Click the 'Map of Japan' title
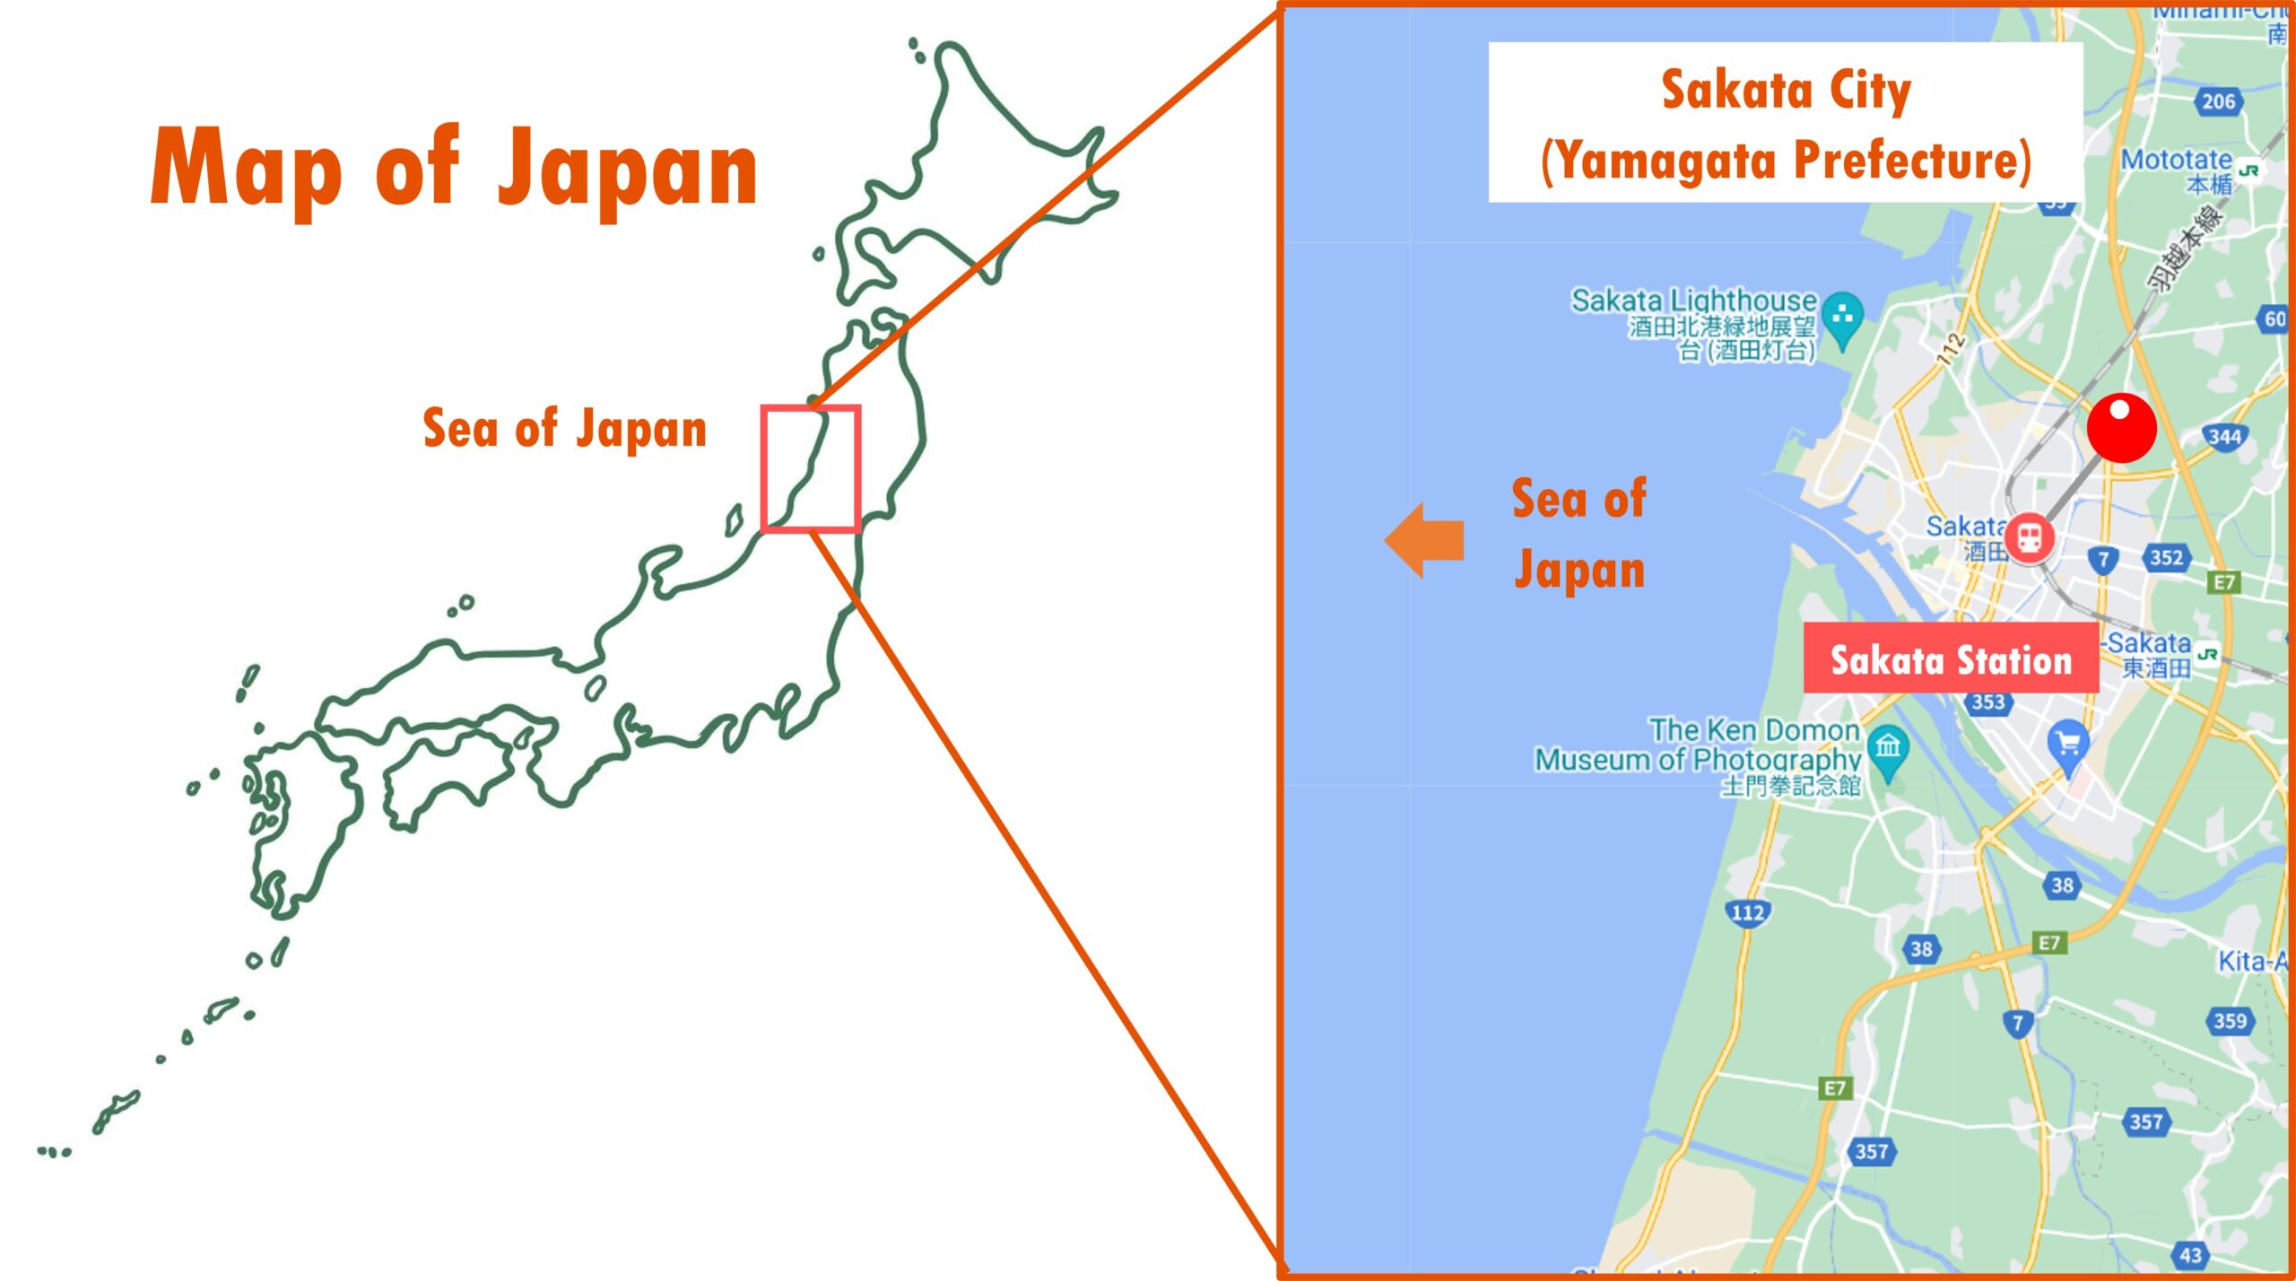point(454,169)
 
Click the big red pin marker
point(2121,428)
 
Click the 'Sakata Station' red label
point(1951,660)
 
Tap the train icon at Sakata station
point(2030,537)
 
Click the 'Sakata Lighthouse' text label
point(1693,300)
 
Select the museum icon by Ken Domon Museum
point(1888,746)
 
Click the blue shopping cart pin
point(2068,744)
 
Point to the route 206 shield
point(2218,101)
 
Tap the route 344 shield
point(2224,437)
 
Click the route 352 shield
point(2166,558)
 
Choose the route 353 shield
point(1988,702)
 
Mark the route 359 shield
point(2230,1021)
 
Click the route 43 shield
point(2191,1255)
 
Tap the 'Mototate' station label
point(2177,161)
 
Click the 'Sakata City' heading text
point(1786,90)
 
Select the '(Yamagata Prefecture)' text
point(1786,161)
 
